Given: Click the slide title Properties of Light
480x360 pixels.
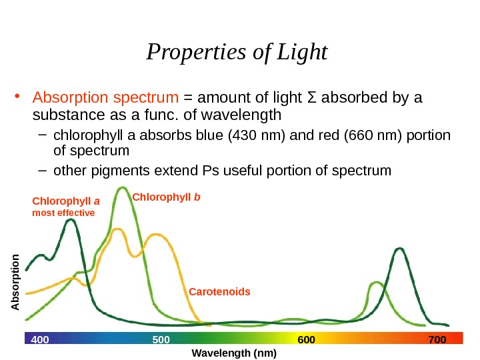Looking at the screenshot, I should coord(237,51).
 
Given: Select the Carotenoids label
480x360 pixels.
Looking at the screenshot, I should coord(219,292).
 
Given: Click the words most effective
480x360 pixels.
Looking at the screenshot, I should coord(64,213).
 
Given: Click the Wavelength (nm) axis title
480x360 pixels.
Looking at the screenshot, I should coord(233,353).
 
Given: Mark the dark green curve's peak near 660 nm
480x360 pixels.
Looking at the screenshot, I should coord(400,249).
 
